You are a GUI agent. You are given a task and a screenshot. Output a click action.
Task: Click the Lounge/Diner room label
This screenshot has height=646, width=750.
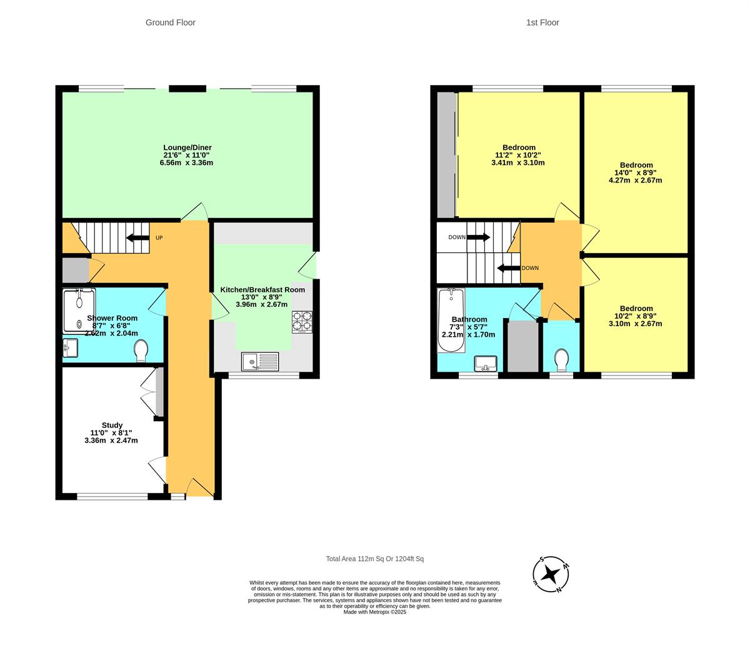[x=187, y=148]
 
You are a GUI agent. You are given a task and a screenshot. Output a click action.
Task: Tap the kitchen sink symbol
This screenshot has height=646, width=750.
[x=260, y=361]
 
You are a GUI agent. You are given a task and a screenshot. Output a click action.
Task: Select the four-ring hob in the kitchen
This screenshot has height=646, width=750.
[x=302, y=321]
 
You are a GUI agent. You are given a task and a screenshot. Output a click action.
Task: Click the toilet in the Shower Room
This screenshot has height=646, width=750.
[x=141, y=350]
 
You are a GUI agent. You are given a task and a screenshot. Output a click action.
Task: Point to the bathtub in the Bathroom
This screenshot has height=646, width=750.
[x=451, y=319]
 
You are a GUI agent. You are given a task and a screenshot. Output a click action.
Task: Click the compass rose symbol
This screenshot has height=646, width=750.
[x=551, y=574]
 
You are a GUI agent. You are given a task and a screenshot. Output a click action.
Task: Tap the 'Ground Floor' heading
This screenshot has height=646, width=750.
[x=170, y=22]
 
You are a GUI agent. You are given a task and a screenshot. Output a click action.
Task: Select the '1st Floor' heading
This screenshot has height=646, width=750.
[x=542, y=22]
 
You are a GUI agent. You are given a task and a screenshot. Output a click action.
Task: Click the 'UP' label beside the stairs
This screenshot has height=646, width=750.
[x=159, y=238]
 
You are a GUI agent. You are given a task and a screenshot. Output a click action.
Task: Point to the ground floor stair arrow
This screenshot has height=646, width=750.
[x=137, y=237]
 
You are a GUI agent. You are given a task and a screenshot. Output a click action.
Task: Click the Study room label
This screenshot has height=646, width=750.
[x=112, y=425]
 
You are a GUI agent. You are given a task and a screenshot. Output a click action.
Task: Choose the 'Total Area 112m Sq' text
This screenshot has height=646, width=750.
[x=374, y=559]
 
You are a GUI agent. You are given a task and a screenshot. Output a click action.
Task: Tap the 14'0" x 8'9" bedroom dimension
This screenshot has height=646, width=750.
[x=635, y=173]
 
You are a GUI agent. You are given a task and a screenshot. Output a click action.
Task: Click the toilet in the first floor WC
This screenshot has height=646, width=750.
[x=561, y=359]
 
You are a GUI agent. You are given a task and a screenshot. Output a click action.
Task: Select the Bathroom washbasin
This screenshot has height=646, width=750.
[x=486, y=363]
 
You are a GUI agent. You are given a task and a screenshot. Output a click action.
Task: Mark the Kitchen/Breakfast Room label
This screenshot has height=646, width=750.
[x=262, y=290]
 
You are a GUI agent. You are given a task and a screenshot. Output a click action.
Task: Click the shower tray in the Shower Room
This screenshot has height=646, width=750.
[x=79, y=310]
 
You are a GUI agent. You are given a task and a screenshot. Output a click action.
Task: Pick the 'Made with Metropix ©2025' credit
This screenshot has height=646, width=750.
[x=374, y=612]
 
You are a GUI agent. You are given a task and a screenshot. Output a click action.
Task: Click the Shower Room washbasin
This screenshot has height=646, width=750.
[x=70, y=348]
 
